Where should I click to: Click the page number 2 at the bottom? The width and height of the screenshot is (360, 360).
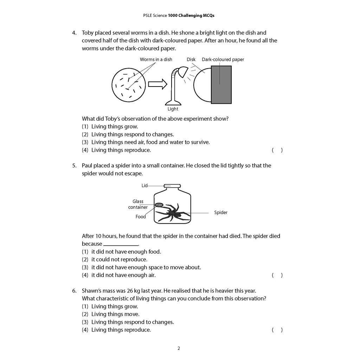click(179, 348)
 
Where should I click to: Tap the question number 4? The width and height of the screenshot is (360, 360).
click(74, 33)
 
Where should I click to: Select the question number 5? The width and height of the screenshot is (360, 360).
click(74, 165)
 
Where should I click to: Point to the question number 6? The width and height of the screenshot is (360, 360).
click(74, 291)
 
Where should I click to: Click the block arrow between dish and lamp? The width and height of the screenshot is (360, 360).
click(157, 84)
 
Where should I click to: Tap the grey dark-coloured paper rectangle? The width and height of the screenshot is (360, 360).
click(221, 85)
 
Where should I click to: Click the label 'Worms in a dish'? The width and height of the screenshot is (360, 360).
click(156, 59)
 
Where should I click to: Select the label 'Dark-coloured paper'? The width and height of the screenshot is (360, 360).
click(223, 59)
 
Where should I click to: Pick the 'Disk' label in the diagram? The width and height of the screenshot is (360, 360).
click(191, 59)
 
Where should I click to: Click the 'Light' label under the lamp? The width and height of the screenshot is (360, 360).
click(173, 109)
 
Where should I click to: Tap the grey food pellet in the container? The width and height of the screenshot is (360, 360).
click(159, 205)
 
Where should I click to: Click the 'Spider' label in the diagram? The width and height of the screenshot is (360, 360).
click(221, 212)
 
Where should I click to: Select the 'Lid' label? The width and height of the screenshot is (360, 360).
click(144, 185)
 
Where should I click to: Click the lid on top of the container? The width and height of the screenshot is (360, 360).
click(172, 186)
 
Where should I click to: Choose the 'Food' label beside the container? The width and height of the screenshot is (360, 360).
click(141, 217)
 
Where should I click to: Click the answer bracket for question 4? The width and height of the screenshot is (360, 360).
click(277, 150)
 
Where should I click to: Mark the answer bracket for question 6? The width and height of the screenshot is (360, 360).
click(277, 330)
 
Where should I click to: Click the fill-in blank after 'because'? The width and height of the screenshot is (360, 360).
click(121, 244)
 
